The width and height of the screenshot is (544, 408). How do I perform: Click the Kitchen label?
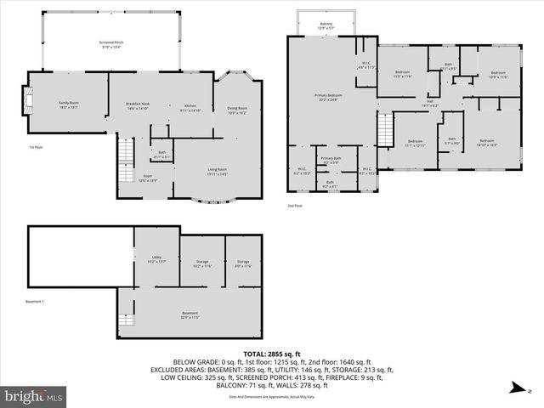[190, 107]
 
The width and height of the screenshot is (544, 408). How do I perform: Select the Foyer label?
[147, 178]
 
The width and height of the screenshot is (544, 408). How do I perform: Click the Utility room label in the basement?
[157, 258]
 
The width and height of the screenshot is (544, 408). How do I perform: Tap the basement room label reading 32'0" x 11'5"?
[190, 314]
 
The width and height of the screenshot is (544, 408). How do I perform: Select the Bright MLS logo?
[34, 396]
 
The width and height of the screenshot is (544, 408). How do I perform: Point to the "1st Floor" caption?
[36, 147]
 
